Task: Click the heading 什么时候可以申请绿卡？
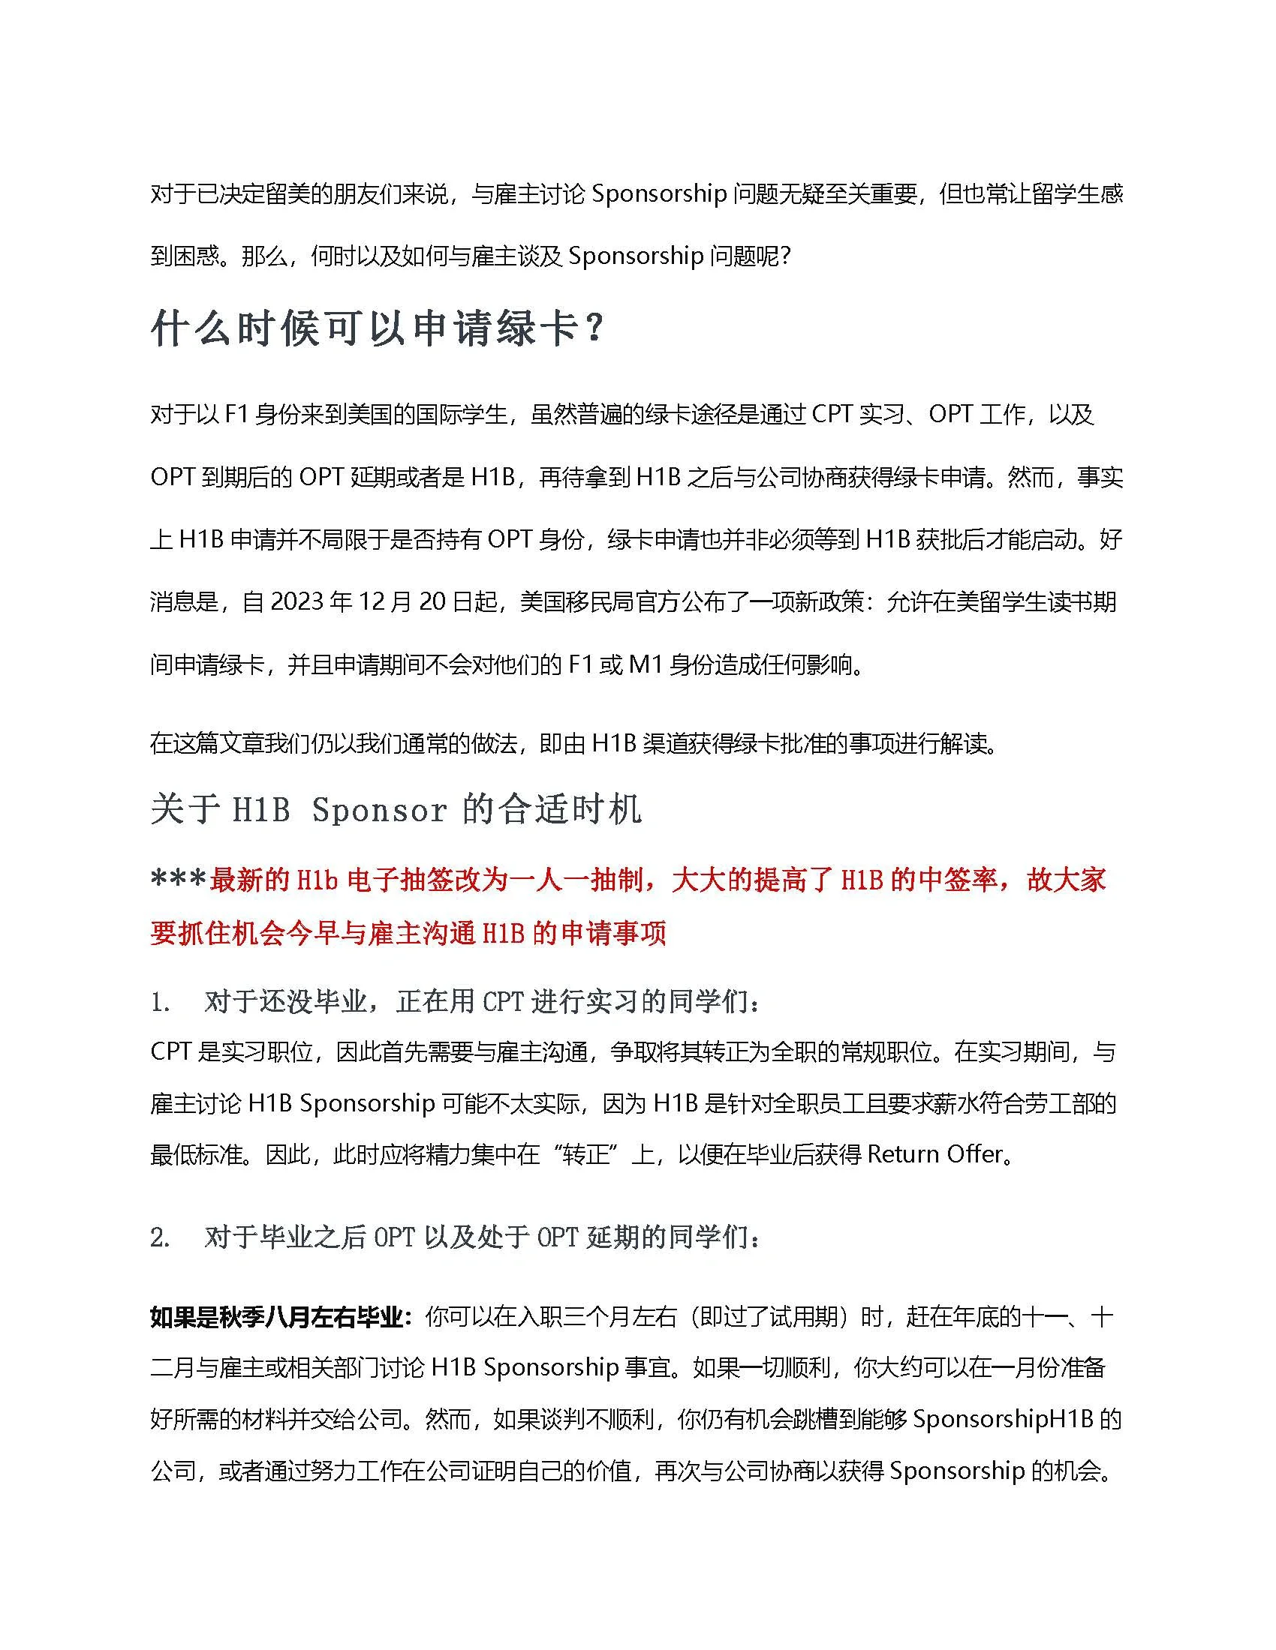378,330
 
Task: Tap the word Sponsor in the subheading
379,809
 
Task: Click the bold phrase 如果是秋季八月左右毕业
276,1318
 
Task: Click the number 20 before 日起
433,602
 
